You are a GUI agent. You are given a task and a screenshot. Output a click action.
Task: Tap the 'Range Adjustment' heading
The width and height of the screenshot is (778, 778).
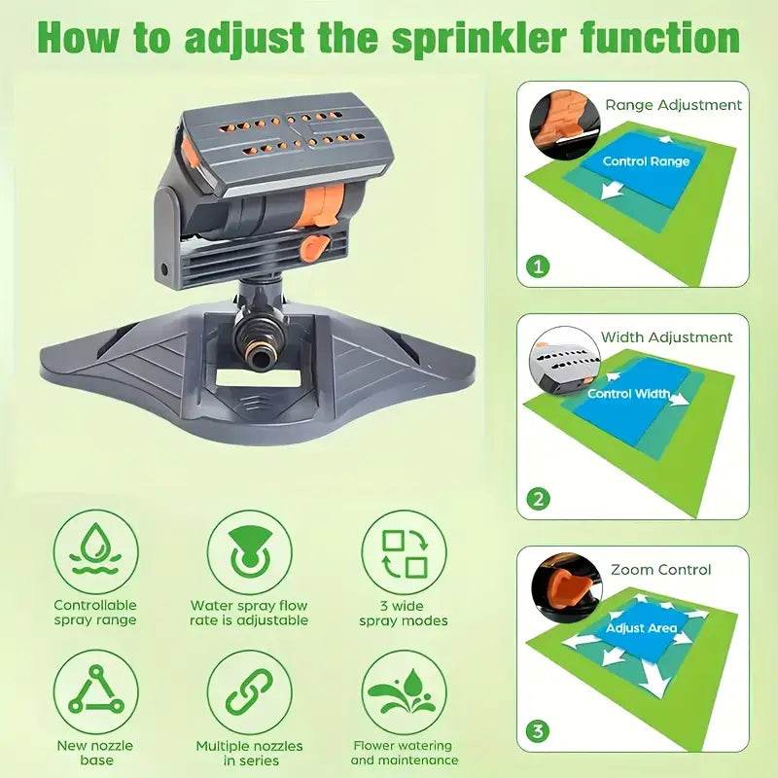coord(673,105)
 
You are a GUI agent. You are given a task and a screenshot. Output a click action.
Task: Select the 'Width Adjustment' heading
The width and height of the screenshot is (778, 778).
coord(666,337)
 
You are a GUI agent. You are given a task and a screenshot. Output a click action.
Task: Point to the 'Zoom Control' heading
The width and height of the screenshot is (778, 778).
coord(661,570)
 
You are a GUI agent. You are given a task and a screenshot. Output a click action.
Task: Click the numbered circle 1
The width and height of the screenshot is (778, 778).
coord(539,266)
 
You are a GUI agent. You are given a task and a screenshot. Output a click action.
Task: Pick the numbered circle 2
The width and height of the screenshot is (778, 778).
coord(539,499)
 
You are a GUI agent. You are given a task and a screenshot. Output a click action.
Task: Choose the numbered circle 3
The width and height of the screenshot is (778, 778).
coord(539,731)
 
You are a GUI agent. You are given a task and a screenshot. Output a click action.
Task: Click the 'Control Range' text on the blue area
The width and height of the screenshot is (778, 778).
coord(646,161)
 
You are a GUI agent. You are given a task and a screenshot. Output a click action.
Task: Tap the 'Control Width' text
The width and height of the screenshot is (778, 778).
coord(628,394)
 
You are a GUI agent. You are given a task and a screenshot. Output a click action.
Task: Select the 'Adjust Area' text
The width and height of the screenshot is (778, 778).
coord(641,628)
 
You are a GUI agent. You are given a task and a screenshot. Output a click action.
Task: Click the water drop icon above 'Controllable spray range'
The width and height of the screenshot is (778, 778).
coord(95,551)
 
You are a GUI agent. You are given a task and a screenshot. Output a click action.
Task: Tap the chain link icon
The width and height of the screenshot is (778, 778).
coord(250,692)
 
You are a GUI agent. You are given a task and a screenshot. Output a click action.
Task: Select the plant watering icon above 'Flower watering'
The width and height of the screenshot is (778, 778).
coord(404,692)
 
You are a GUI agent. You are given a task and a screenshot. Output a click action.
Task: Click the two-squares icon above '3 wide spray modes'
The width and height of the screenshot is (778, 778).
coord(404,552)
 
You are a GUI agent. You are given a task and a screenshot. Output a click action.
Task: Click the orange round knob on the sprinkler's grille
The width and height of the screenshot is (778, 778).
coord(315,247)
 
